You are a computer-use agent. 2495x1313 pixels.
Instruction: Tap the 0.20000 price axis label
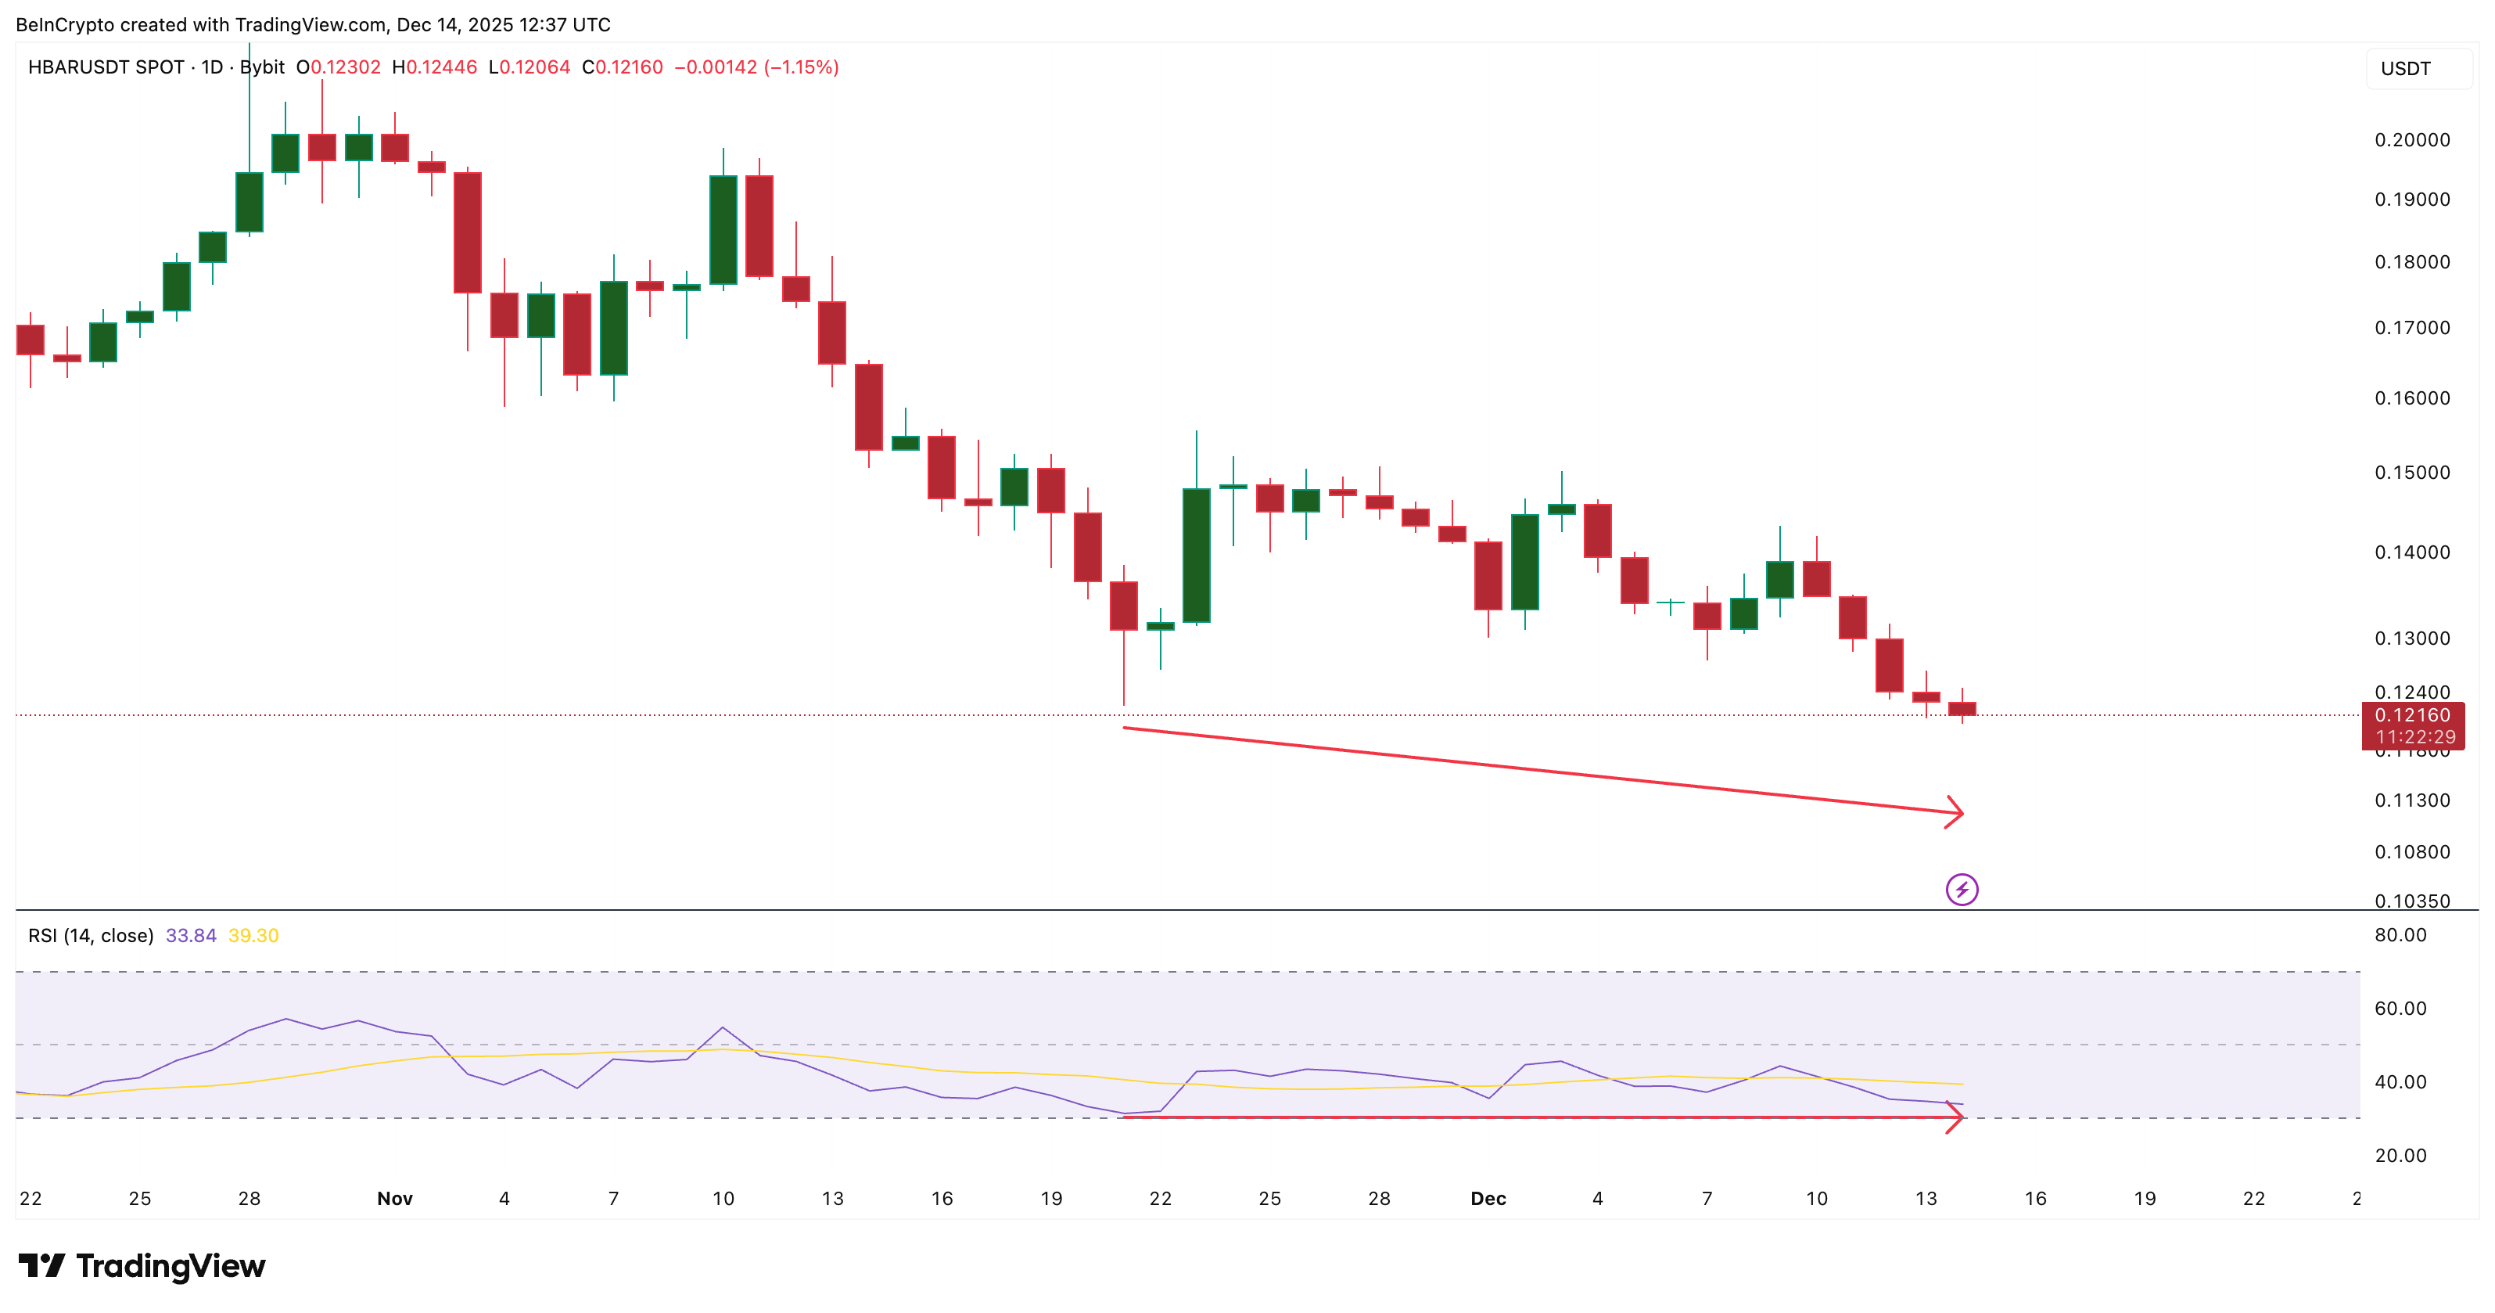point(2412,139)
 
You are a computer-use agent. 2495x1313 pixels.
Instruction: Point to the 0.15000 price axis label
point(2412,472)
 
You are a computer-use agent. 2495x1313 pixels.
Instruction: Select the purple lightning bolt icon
point(1962,889)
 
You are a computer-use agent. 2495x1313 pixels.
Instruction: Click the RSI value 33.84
point(191,935)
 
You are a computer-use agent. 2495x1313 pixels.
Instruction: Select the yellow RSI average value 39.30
point(253,935)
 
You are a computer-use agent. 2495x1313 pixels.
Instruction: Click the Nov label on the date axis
point(394,1199)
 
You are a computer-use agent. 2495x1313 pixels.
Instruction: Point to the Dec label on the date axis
point(1488,1199)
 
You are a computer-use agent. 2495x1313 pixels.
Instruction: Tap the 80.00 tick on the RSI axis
point(2400,935)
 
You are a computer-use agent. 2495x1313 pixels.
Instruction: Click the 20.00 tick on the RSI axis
point(2400,1155)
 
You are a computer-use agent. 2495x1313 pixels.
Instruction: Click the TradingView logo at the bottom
point(142,1265)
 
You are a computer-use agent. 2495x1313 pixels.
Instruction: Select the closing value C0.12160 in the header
point(622,67)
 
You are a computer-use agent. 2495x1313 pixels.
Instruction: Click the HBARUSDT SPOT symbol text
point(106,67)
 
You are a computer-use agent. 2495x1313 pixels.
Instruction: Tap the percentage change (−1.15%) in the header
point(801,67)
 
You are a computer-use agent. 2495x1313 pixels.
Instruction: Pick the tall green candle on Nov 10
point(723,229)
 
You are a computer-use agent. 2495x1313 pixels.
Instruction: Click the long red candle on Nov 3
point(468,232)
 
